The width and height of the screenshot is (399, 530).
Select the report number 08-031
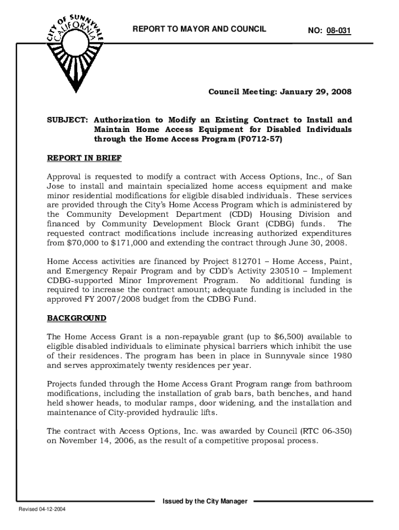tap(339, 32)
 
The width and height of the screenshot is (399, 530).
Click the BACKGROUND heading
tap(77, 317)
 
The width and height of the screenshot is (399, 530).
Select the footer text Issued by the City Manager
tap(205, 501)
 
